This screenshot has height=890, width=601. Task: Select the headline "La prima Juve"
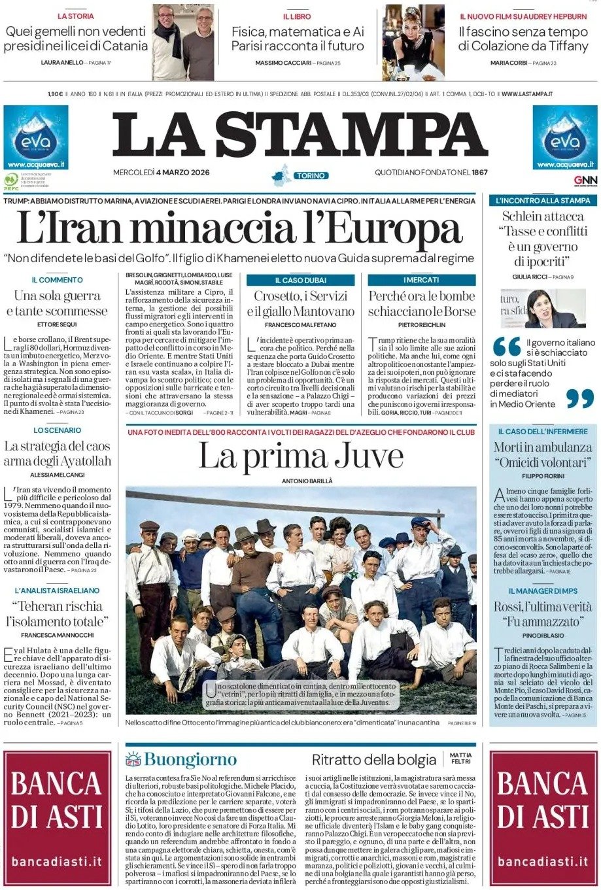coord(300,456)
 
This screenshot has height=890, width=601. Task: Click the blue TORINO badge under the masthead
coord(310,176)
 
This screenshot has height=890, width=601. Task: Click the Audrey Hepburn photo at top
coord(413,42)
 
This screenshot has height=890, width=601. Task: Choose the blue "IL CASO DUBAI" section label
coord(300,280)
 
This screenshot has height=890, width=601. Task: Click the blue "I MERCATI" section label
coord(421,280)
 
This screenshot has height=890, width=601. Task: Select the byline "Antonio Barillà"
coord(300,481)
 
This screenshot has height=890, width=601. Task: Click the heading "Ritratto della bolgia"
coord(373,759)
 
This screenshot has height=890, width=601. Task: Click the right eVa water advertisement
coord(564,138)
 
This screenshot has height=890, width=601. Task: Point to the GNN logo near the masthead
coord(585,180)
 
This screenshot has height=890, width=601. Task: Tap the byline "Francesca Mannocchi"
coord(57,635)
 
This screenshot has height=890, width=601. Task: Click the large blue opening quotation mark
coord(506,347)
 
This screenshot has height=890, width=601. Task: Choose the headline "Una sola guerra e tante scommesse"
coord(57,303)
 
